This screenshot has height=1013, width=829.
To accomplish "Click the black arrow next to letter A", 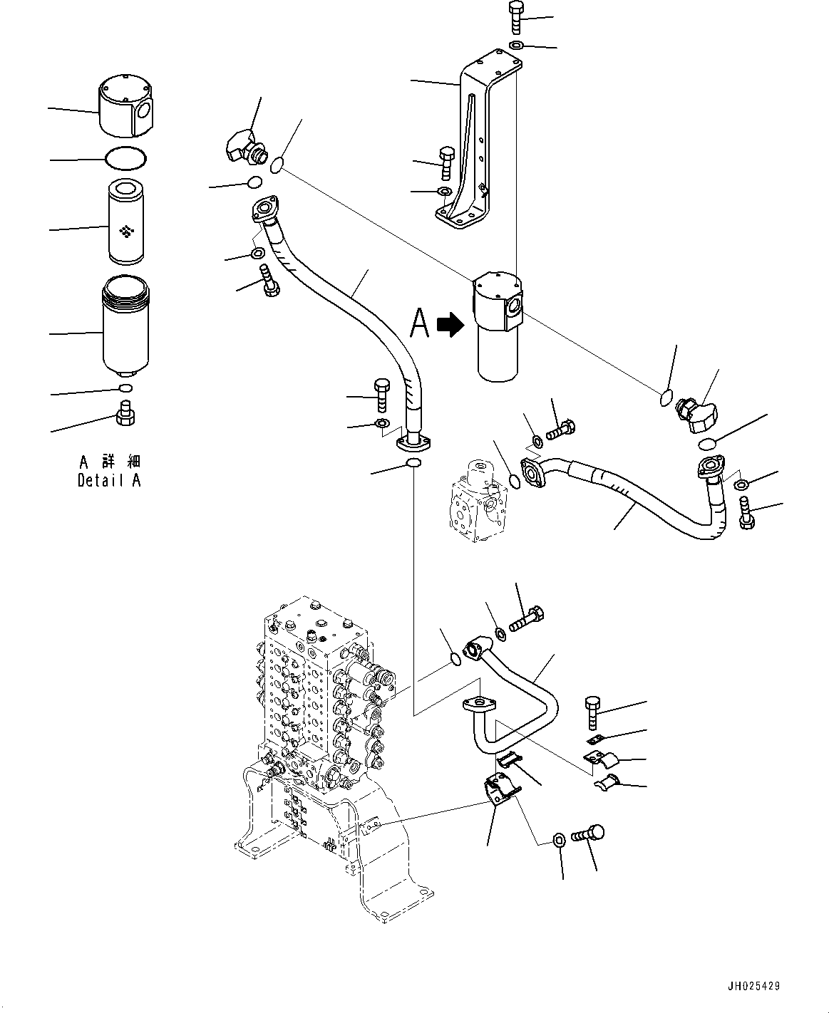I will [x=450, y=325].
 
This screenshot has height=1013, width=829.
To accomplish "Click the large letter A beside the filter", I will [x=421, y=323].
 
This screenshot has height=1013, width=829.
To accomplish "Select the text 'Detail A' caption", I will [x=109, y=480].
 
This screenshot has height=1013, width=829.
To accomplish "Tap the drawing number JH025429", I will [x=753, y=987].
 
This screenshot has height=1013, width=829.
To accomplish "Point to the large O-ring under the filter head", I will [x=125, y=159].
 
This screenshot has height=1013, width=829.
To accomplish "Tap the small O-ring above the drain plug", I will [x=125, y=388].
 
